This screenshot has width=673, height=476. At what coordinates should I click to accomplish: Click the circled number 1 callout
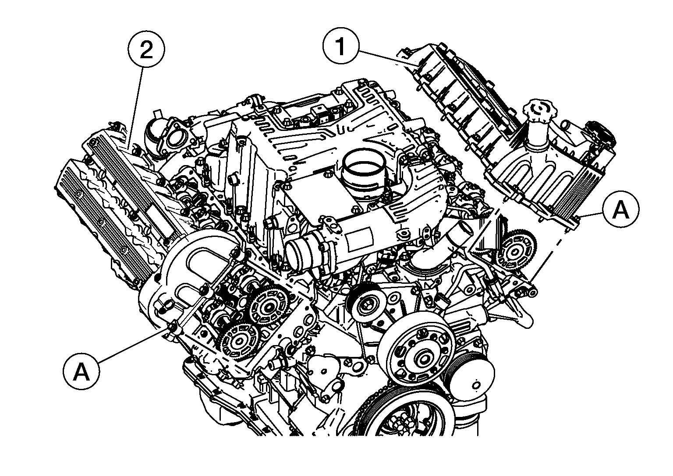click(x=340, y=46)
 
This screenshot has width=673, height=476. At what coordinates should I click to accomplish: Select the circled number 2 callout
click(x=146, y=49)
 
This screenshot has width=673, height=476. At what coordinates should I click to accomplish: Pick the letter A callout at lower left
click(x=81, y=371)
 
